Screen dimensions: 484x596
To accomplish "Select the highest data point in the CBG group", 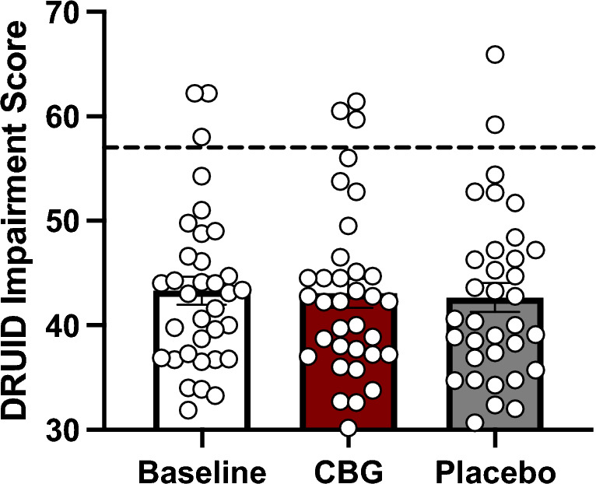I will pos(357,101).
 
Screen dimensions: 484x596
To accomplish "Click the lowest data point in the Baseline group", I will pos(188,409).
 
